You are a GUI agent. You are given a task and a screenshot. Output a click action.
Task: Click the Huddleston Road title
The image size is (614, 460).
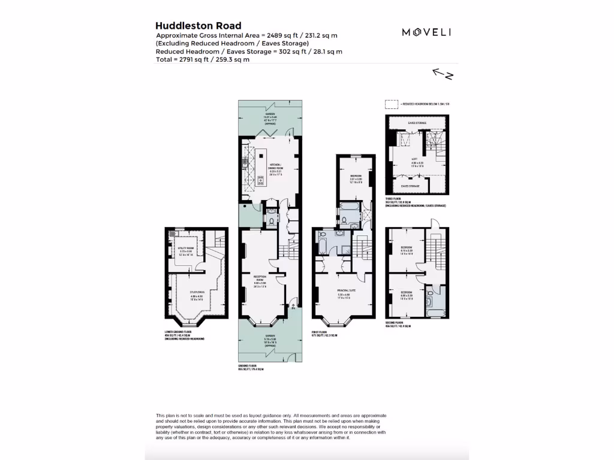click(198, 26)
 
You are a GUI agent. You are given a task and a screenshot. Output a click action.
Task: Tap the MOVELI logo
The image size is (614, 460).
click(426, 32)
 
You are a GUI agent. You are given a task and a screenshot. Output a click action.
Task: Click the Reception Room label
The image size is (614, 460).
click(260, 282)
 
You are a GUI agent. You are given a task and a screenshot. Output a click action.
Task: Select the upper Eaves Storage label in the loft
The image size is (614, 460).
click(417, 123)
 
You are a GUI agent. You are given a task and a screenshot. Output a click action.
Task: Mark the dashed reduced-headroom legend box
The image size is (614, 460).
click(392, 103)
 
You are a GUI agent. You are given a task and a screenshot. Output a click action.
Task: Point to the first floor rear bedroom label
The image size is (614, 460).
click(356, 177)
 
